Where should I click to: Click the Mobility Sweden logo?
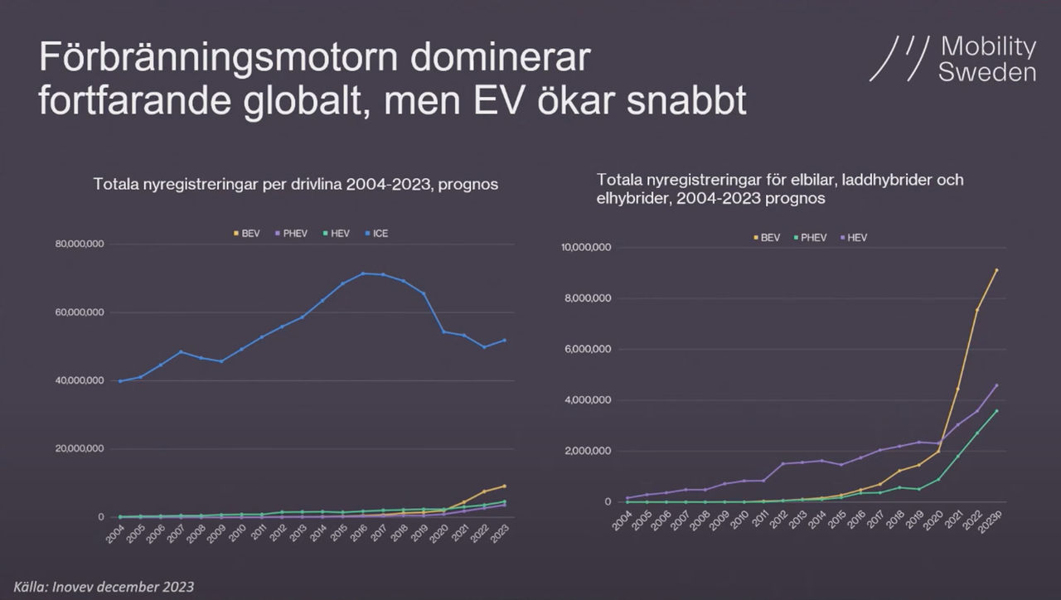click(x=952, y=59)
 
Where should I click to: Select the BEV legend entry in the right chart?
click(x=768, y=238)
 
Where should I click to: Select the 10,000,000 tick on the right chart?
click(x=586, y=247)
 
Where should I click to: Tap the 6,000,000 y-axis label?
click(x=589, y=349)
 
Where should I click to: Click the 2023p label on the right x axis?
click(x=989, y=525)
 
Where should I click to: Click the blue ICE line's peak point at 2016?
click(x=362, y=273)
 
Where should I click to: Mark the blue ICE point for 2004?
click(x=120, y=381)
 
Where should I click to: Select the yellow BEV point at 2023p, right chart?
click(x=996, y=270)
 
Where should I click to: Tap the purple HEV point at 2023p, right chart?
click(x=996, y=385)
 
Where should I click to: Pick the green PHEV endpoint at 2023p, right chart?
click(x=996, y=411)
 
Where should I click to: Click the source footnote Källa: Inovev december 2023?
click(x=103, y=587)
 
